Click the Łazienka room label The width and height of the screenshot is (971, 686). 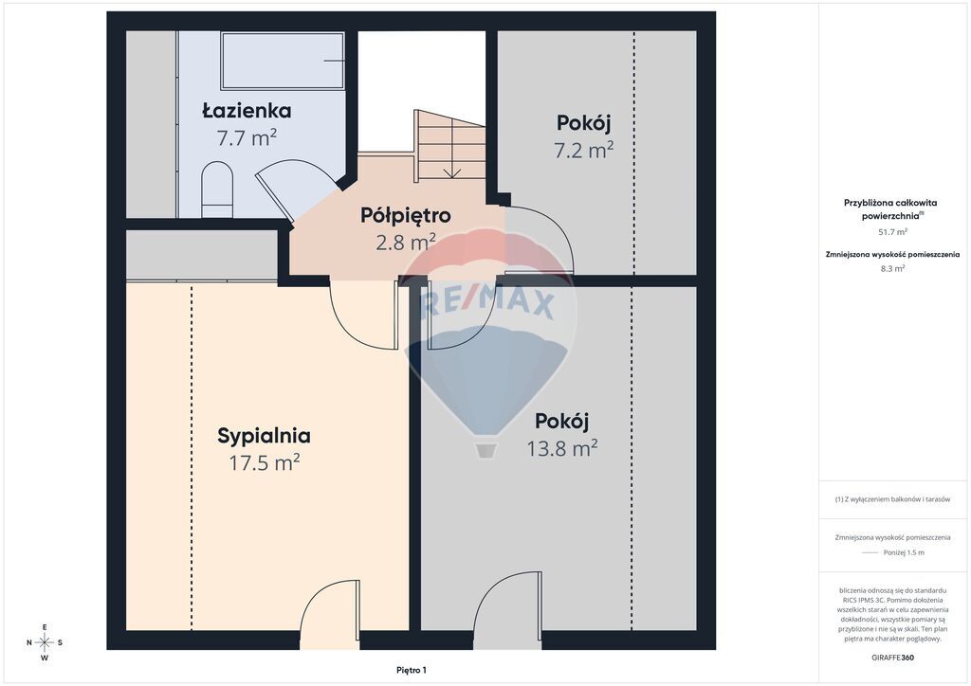pos(247,112)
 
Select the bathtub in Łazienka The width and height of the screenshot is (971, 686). pos(283,62)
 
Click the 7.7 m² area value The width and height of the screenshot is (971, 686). pos(247,138)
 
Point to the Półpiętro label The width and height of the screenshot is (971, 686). pos(406,216)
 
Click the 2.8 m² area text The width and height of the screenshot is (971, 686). pos(406,242)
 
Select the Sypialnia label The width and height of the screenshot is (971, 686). pos(264,436)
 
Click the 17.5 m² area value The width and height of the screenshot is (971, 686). pos(265,462)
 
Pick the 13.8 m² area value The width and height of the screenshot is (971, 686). pos(561,447)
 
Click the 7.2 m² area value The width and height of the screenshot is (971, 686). pos(583,150)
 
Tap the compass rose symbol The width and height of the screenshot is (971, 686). pos(45,642)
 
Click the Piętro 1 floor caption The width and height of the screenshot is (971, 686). pos(412,670)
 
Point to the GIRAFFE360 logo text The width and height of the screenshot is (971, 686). pos(891,658)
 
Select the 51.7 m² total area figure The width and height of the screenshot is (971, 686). pos(892,232)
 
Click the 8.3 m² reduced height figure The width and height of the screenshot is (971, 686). pos(892,268)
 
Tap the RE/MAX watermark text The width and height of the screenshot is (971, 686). pos(487,304)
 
